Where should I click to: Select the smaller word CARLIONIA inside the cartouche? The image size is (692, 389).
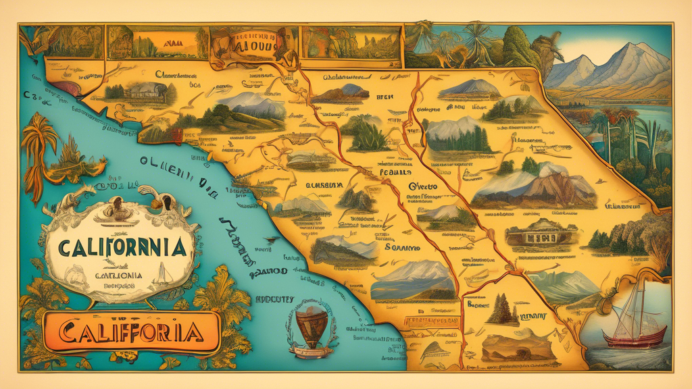(x=118, y=275)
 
